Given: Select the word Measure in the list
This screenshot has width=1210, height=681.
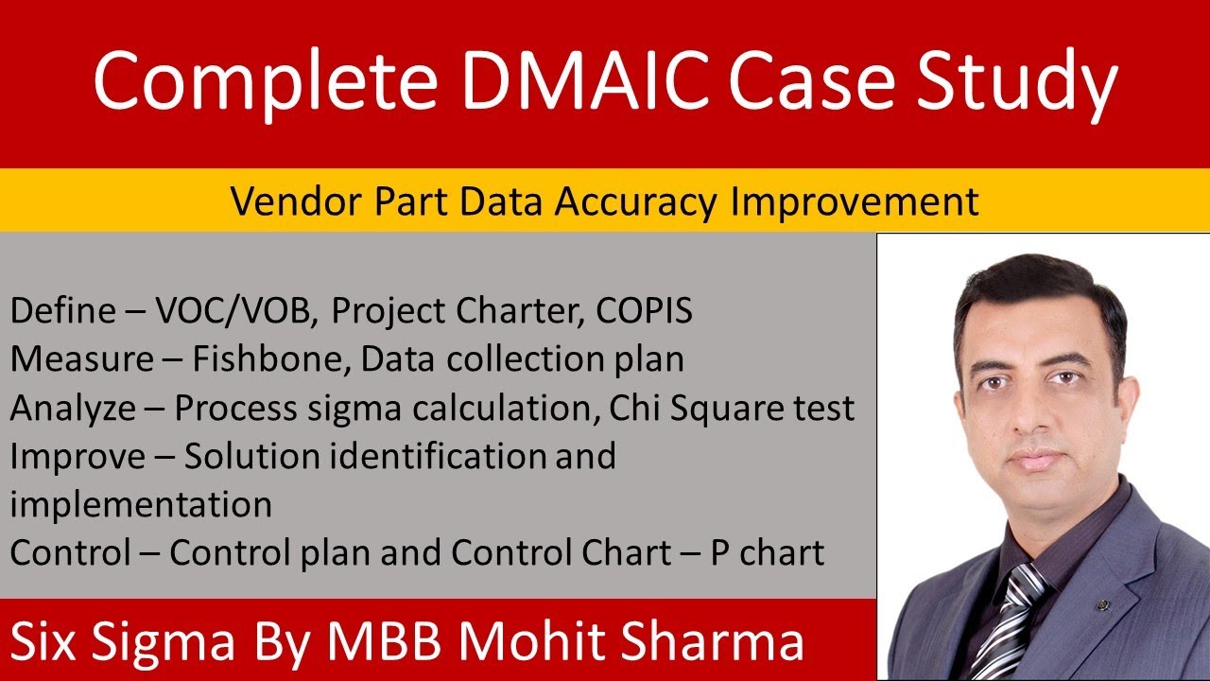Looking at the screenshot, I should [81, 359].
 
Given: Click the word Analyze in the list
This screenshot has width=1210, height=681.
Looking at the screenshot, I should [75, 409].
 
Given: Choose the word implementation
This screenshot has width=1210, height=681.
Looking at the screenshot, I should [142, 504].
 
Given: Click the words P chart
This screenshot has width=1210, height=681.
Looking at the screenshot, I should [768, 552].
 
